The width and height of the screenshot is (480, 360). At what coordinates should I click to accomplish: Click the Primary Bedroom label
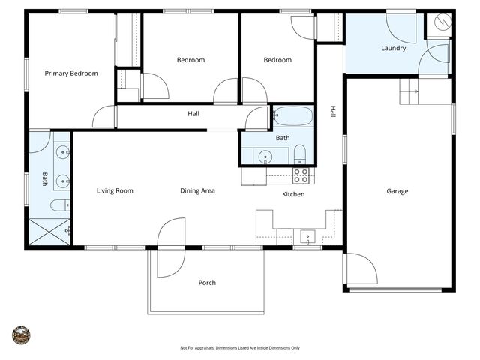tap(71, 73)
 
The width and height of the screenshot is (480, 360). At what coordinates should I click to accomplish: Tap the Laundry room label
tap(393, 49)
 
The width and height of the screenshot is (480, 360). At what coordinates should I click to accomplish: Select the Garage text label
tap(397, 191)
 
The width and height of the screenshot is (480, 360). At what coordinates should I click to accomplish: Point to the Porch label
tap(207, 283)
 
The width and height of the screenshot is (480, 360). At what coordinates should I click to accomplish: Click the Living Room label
tap(115, 191)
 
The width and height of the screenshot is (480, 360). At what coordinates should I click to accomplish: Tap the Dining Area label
tap(197, 191)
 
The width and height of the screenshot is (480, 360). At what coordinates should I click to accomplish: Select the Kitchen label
tap(292, 195)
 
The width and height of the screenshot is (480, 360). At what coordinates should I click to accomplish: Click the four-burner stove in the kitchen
tap(301, 175)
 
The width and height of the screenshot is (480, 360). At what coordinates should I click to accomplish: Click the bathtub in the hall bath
tap(292, 117)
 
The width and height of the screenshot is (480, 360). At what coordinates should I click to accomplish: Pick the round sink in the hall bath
tap(265, 157)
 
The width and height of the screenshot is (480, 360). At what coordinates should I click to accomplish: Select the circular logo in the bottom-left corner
tap(20, 334)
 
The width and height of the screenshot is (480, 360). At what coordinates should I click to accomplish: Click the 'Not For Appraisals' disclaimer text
tap(240, 348)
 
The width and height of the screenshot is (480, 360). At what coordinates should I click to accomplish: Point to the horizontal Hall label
tap(193, 114)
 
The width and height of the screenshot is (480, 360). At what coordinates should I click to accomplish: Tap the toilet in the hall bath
tap(299, 156)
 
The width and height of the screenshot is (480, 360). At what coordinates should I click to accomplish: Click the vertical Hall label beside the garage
tap(332, 111)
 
